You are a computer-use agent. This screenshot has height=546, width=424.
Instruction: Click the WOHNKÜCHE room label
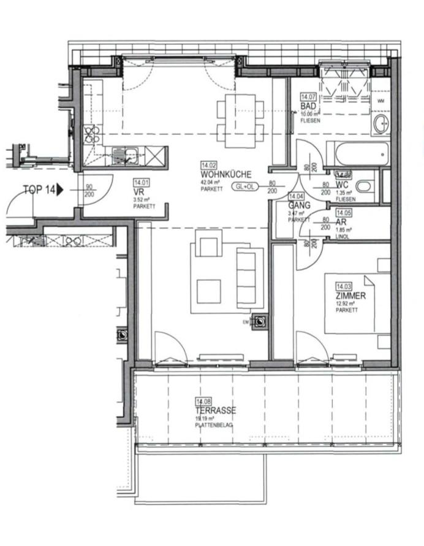[225, 174]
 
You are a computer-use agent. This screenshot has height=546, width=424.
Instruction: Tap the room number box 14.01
[142, 182]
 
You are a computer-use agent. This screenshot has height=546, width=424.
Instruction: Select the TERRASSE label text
[216, 410]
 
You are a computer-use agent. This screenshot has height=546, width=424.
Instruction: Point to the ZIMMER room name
[350, 296]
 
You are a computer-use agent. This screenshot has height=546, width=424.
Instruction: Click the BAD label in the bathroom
[308, 106]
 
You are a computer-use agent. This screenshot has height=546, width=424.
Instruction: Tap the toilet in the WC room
[364, 186]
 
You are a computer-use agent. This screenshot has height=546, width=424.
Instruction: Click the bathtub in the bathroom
[357, 153]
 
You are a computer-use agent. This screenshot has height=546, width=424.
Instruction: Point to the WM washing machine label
[380, 101]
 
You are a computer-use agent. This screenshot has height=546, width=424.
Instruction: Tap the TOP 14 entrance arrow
[59, 190]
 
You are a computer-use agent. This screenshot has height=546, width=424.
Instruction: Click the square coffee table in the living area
[208, 291]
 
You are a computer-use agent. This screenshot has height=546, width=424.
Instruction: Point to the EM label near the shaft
[247, 321]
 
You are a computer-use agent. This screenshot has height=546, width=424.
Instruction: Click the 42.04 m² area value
[210, 183]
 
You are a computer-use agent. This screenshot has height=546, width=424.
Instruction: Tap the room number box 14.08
[203, 402]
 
